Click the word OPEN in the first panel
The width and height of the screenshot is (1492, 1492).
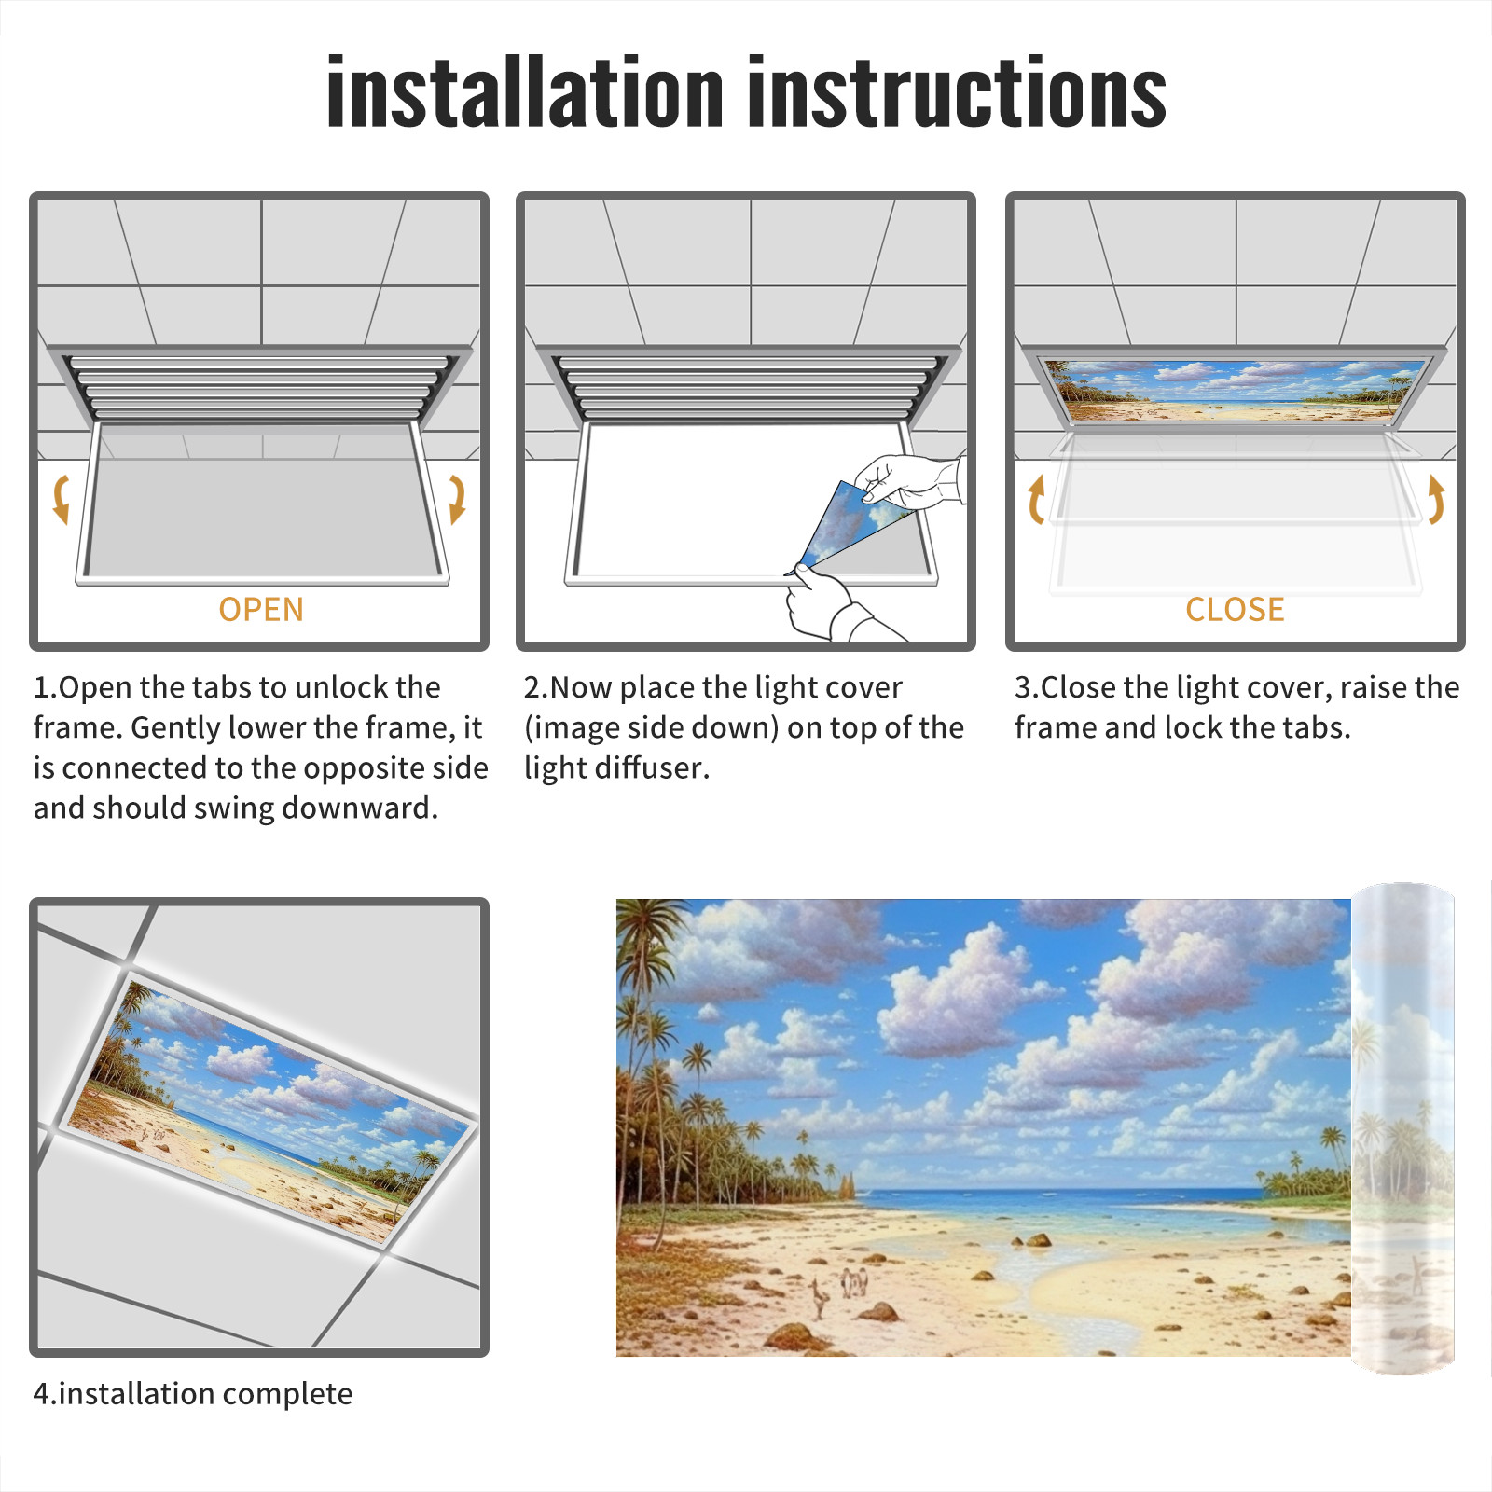pyautogui.click(x=261, y=609)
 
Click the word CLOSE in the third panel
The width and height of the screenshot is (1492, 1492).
pyautogui.click(x=1235, y=609)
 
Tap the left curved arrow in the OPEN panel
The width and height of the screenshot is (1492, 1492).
pyautogui.click(x=62, y=499)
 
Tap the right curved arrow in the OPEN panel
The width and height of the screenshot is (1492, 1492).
pyautogui.click(x=457, y=499)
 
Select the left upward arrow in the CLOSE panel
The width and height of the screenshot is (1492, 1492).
pyautogui.click(x=1035, y=499)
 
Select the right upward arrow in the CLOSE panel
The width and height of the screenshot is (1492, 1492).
pyautogui.click(x=1436, y=499)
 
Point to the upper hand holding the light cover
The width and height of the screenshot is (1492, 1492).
pyautogui.click(x=909, y=481)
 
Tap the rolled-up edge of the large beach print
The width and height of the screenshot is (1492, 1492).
pyautogui.click(x=1402, y=1127)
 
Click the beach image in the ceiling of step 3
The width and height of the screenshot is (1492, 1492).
pyautogui.click(x=1235, y=391)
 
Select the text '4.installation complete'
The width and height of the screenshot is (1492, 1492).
pyautogui.click(x=193, y=1393)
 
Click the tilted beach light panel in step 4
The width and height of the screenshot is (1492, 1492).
pyautogui.click(x=270, y=1110)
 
